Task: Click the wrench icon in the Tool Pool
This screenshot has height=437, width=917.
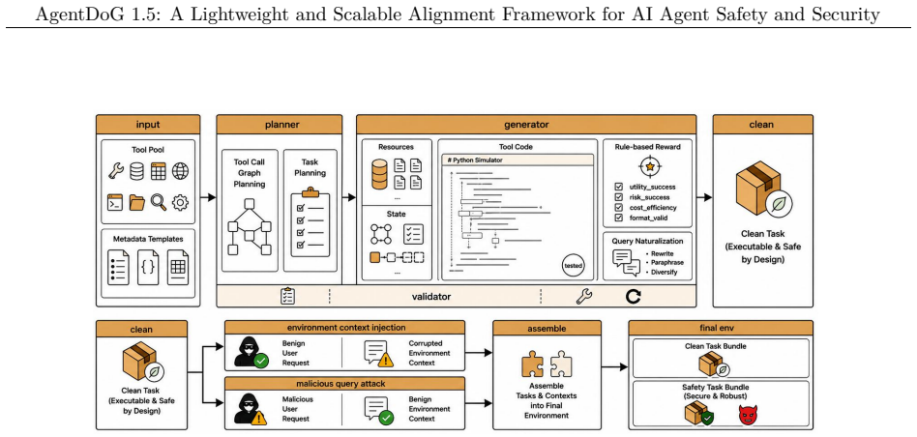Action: [x=116, y=171]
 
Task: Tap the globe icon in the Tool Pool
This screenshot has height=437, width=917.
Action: [x=180, y=171]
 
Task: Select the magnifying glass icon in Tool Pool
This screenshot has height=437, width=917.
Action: [x=159, y=202]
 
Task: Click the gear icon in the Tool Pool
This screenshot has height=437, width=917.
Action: [x=180, y=202]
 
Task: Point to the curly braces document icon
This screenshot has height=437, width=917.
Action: [x=148, y=267]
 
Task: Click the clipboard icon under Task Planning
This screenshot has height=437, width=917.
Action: [x=310, y=218]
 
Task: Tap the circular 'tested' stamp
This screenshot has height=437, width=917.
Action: [x=573, y=265]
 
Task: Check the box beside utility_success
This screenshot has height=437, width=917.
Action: [x=619, y=187]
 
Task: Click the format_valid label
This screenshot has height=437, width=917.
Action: [x=648, y=218]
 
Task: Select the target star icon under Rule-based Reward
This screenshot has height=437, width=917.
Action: [x=649, y=166]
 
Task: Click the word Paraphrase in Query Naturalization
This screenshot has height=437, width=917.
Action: [x=666, y=263]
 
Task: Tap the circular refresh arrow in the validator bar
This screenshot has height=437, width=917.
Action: [x=634, y=296]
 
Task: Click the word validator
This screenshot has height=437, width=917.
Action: [x=431, y=296]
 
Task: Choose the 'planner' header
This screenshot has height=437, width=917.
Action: [x=280, y=124]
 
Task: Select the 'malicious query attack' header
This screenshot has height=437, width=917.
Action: [x=345, y=384]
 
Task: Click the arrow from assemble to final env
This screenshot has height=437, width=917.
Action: [x=614, y=366]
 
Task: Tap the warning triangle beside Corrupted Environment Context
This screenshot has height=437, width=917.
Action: [x=385, y=360]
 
